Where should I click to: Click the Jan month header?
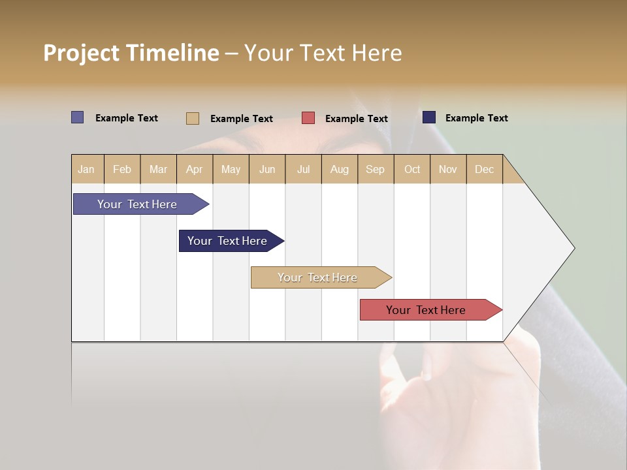pos(86,169)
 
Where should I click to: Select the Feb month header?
pos(122,169)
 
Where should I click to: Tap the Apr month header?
pos(194,169)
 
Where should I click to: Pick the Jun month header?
pos(267,169)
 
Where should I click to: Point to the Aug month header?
pos(339,169)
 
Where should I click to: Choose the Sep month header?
pos(375,169)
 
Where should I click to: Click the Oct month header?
pos(412,169)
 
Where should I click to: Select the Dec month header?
pos(484,169)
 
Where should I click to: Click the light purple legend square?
pos(77,117)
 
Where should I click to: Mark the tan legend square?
pos(192,118)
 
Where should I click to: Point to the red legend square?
pos(308,117)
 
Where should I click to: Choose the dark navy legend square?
pos(428,117)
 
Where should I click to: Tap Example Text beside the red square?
pos(356,118)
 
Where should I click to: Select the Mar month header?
pos(158,169)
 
